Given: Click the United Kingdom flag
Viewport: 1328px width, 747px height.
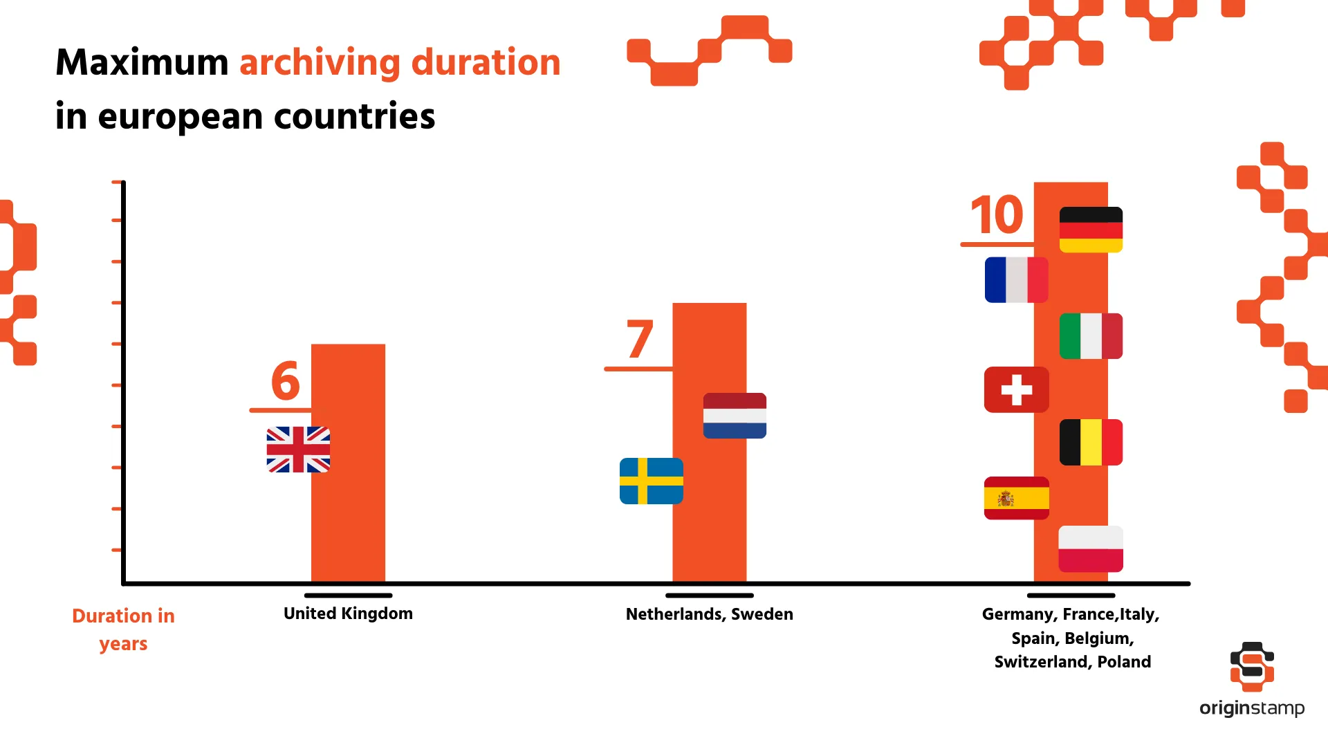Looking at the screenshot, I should [298, 450].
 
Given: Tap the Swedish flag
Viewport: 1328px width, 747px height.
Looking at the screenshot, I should [651, 481].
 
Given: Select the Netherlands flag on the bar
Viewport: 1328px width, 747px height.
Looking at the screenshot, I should [735, 416].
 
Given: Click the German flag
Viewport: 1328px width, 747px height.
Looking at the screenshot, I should [1091, 230].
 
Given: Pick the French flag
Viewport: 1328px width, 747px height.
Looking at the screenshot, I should [1016, 280].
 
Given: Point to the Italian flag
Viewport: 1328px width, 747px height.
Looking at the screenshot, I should [1091, 336].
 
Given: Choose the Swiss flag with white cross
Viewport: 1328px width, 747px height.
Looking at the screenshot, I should [1016, 389].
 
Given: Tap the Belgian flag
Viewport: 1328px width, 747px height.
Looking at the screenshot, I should [1091, 442].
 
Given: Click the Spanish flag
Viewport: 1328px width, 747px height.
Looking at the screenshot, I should [1016, 498].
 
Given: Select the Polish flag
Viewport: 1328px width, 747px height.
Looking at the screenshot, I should [1091, 548].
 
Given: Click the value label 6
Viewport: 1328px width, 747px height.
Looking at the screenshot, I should [285, 381].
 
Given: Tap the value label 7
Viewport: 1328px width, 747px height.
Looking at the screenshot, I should [640, 340].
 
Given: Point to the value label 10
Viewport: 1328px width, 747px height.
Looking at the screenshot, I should [996, 215].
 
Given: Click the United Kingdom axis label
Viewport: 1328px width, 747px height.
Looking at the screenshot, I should [348, 614].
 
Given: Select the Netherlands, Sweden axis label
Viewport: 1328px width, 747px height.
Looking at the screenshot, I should [709, 614].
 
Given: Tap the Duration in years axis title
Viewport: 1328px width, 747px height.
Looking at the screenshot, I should [123, 629].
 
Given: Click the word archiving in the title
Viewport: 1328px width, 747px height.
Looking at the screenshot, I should [319, 63].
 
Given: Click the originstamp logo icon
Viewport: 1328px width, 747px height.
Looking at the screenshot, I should [1252, 666].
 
